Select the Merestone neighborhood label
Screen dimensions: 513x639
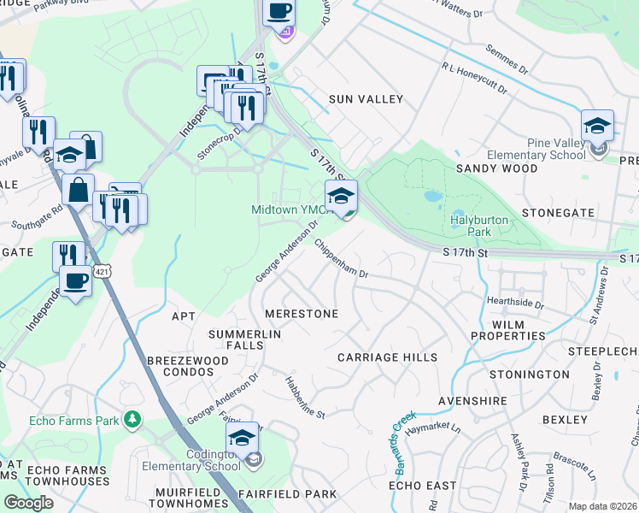point(302,314)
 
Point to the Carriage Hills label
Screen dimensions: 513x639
point(387,357)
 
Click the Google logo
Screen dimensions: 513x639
point(28,503)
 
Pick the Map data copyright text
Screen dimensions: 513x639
point(603,506)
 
